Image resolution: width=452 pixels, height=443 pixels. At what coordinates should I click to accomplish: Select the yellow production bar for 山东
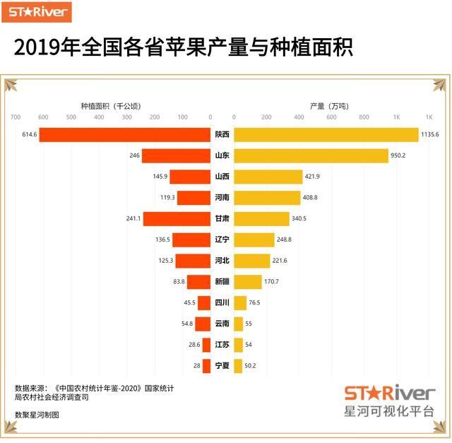coord(311,155)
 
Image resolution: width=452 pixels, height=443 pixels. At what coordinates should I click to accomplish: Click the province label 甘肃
coord(222,219)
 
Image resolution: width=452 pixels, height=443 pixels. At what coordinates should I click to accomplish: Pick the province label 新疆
coord(222,282)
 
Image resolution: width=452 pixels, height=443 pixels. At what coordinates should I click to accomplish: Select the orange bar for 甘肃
coord(177,219)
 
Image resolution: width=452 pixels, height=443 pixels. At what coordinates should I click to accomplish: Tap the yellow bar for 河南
coord(261,198)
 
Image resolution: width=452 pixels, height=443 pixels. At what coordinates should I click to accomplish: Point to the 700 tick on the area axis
coord(16,118)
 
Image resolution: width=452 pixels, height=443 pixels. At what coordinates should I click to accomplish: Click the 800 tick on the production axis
coord(364,118)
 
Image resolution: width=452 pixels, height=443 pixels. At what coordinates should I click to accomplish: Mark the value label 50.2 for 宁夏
coord(250,366)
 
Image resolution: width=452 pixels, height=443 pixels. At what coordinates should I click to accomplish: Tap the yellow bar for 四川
coord(240,303)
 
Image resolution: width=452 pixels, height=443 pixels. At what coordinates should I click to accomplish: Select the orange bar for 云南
coord(203,324)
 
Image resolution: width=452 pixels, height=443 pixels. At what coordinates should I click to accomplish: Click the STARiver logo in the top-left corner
coord(40,11)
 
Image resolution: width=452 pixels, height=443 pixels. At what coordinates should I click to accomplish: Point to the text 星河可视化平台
coord(388,411)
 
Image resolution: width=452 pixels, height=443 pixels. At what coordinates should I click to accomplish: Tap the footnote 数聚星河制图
coord(37,415)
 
